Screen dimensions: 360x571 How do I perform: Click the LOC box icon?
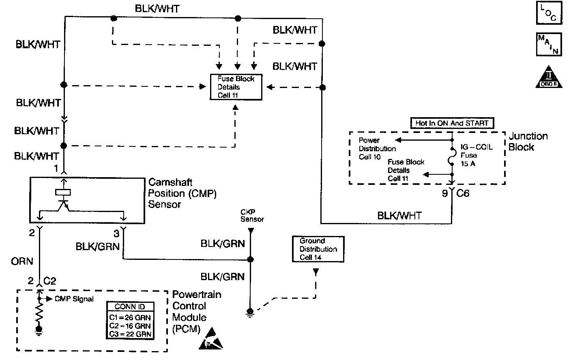[549, 13]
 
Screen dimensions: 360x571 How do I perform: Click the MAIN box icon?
[549, 44]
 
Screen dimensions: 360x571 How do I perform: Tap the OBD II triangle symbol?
[549, 77]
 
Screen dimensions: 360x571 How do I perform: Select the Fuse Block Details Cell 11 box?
[236, 87]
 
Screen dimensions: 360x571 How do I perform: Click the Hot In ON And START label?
[452, 123]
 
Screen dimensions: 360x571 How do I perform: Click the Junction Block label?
[528, 141]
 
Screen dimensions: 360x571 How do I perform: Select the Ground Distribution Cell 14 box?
[318, 249]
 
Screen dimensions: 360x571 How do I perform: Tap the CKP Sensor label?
[252, 216]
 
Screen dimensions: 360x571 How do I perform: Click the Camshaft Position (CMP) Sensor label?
[182, 193]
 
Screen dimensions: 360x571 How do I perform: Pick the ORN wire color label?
[22, 261]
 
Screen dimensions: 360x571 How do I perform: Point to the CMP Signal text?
[73, 299]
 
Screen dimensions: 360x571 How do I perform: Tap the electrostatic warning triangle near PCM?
[211, 339]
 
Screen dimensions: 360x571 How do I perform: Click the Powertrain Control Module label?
[196, 311]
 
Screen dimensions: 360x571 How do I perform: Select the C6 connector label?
[463, 193]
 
